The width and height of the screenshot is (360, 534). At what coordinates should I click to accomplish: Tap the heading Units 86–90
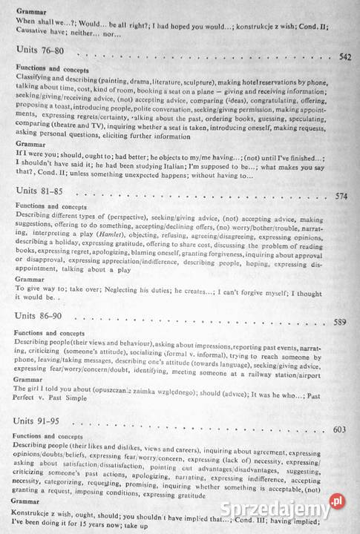39,316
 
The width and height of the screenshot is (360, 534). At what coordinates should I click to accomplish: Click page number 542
344,56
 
